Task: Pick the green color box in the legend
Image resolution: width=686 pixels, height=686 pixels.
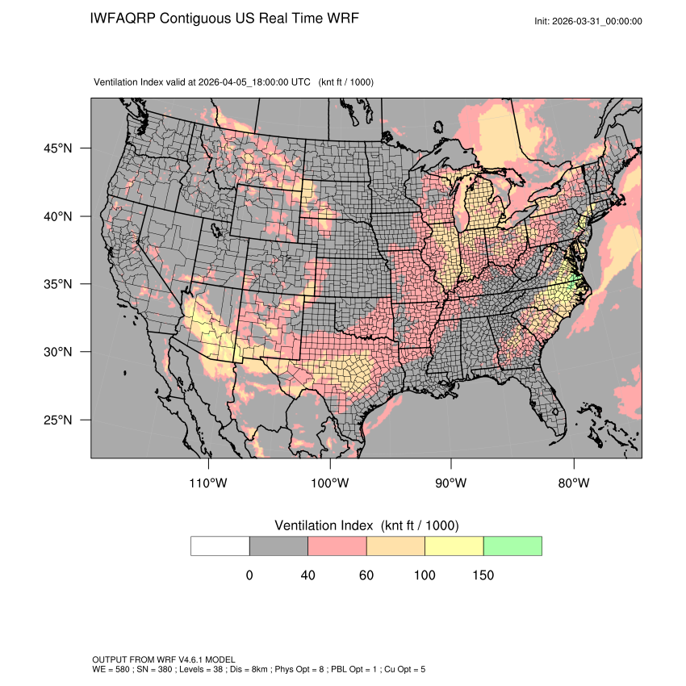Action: point(512,546)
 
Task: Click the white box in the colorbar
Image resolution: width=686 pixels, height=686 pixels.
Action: point(220,546)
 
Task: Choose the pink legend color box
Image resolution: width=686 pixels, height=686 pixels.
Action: point(337,546)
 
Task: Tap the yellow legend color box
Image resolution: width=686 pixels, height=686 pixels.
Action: point(454,546)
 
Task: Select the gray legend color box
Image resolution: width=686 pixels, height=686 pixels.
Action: point(278,546)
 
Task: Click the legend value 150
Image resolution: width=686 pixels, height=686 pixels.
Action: point(483,575)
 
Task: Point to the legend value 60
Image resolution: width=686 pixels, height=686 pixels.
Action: point(366,575)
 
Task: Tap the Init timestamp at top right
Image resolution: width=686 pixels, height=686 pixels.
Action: point(588,22)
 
